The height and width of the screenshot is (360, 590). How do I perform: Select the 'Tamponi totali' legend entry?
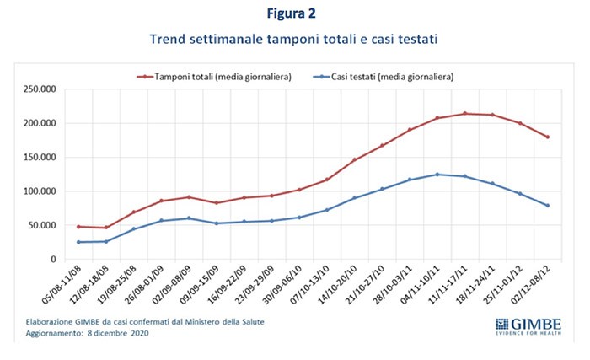coord(216,76)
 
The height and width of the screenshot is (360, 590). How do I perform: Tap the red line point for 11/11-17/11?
coord(464,114)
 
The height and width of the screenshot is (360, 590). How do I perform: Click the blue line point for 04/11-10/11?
coord(437,175)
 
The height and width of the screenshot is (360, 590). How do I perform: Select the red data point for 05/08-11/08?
coord(79,227)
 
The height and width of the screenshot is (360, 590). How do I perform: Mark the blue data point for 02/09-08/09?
coord(189,218)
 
